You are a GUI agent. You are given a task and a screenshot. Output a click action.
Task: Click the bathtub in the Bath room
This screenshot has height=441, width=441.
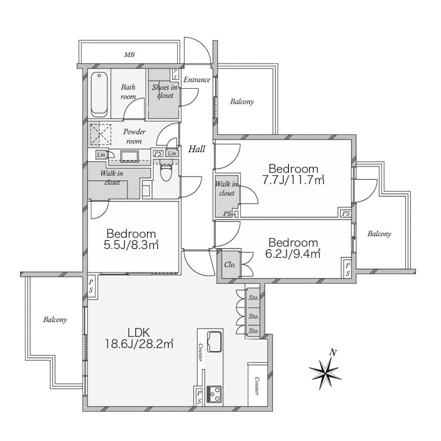pos(99,94)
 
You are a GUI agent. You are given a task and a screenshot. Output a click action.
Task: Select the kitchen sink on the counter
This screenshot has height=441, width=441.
pos(214,341)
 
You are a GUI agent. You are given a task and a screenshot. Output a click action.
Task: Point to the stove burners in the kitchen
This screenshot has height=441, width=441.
pos(214,394)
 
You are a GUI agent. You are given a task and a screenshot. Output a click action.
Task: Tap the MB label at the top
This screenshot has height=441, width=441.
pos(129,55)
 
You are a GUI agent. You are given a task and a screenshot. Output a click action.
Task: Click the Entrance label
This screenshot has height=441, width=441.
pos(197,79)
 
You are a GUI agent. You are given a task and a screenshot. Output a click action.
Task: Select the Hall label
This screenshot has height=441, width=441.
pos(197,149)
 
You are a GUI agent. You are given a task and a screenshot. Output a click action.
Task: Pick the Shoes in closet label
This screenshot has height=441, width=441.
pos(165,91)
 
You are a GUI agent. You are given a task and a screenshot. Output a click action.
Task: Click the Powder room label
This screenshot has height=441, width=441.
pos(134,136)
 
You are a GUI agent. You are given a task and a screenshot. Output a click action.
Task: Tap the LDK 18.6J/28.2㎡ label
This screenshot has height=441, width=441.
pos(139,338)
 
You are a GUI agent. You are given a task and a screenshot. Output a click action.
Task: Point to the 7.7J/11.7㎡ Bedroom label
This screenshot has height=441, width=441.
pos(293,174)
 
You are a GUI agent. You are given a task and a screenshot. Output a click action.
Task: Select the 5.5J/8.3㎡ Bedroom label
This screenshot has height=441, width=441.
pos(131,239)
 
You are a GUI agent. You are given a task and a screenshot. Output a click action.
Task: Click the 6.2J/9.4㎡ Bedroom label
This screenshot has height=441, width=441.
pos(293,248)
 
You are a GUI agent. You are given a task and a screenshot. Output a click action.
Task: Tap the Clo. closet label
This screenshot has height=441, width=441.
pos(230,265)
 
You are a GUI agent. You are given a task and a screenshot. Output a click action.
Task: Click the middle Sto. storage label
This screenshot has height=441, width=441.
pos(254,316)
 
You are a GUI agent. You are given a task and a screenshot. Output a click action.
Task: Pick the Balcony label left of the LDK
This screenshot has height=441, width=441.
pos(55,319)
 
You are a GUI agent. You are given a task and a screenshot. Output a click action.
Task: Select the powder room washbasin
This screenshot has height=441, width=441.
pos(129,157)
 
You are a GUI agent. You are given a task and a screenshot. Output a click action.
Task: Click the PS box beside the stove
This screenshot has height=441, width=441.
pos(199,396)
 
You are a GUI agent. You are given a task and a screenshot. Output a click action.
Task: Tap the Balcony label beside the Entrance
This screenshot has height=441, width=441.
pos(242,101)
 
